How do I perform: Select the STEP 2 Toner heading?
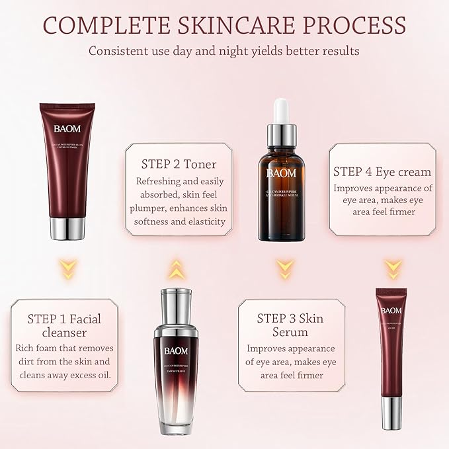click(179, 164)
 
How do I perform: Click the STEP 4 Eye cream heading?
click(382, 171)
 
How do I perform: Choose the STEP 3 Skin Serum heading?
click(290, 325)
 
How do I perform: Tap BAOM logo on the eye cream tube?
click(391, 310)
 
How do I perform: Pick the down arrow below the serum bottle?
click(284, 268)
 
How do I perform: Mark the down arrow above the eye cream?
click(393, 268)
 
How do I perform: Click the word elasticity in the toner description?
click(206, 222)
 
